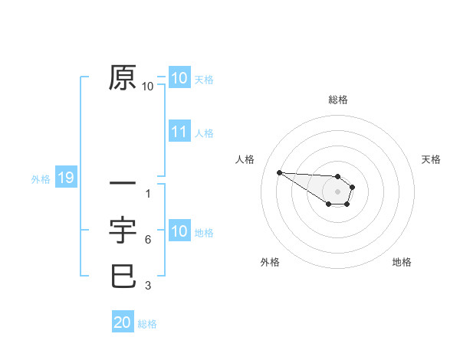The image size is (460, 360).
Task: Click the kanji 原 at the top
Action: pyautogui.click(x=123, y=78)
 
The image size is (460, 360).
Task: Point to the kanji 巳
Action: pyautogui.click(x=123, y=276)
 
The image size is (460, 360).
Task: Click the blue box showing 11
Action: pyautogui.click(x=179, y=132)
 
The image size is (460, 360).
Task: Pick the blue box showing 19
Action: pyautogui.click(x=65, y=178)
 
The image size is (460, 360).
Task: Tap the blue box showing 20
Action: pyautogui.click(x=123, y=322)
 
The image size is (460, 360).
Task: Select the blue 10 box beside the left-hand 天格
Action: pyautogui.click(x=179, y=78)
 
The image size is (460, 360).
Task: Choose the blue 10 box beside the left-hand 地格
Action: pyautogui.click(x=179, y=231)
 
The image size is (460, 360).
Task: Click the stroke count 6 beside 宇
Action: pyautogui.click(x=147, y=240)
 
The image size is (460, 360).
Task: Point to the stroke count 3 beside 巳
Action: pyautogui.click(x=147, y=286)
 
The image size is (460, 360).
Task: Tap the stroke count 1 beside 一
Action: pyautogui.click(x=147, y=194)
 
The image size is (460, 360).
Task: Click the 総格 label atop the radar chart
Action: pyautogui.click(x=337, y=100)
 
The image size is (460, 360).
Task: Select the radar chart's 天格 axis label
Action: pyautogui.click(x=431, y=159)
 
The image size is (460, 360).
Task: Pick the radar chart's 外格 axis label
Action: pyautogui.click(x=270, y=262)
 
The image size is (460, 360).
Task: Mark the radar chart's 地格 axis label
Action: pyautogui.click(x=402, y=262)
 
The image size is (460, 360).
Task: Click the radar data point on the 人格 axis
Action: pyautogui.click(x=279, y=172)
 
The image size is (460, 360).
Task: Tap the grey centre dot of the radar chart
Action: pyautogui.click(x=337, y=191)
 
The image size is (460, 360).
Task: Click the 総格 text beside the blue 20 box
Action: pyautogui.click(x=147, y=324)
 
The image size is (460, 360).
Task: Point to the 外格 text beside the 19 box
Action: pyautogui.click(x=41, y=179)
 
